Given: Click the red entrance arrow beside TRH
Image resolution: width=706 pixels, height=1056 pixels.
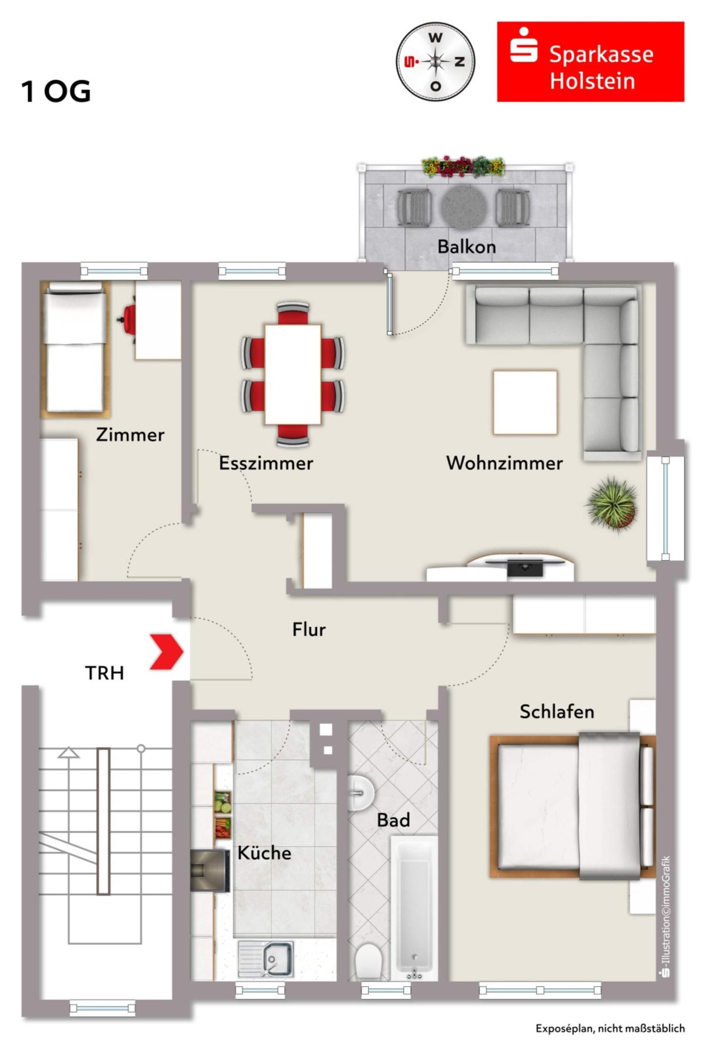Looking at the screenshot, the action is coord(167,651).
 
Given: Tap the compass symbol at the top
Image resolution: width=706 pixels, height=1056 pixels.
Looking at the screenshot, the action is coord(435,62).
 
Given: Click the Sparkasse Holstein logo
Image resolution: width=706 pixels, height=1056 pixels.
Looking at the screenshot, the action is coord(590,62).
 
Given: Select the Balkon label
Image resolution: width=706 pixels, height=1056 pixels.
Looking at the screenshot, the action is coord(467,246).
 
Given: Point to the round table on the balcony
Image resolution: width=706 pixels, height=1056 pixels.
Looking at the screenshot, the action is coord(464,208).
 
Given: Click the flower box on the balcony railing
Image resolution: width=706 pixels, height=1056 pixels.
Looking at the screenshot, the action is coord(464,166).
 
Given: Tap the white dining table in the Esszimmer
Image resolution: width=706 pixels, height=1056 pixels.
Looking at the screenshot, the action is coord(292,374).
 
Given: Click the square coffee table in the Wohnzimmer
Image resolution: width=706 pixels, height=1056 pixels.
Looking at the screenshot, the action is coord(525,402).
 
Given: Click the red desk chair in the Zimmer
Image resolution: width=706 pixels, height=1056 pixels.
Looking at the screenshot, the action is coord(128,319).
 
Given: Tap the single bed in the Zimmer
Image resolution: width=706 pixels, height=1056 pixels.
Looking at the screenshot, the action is coord(76,349).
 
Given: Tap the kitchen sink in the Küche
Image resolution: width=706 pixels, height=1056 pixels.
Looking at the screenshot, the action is coord(266,959).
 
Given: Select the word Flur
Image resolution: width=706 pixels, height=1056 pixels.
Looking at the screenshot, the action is coord(309,630).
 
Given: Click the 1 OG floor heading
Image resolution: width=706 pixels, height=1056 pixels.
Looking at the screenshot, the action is coord(56,91).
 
